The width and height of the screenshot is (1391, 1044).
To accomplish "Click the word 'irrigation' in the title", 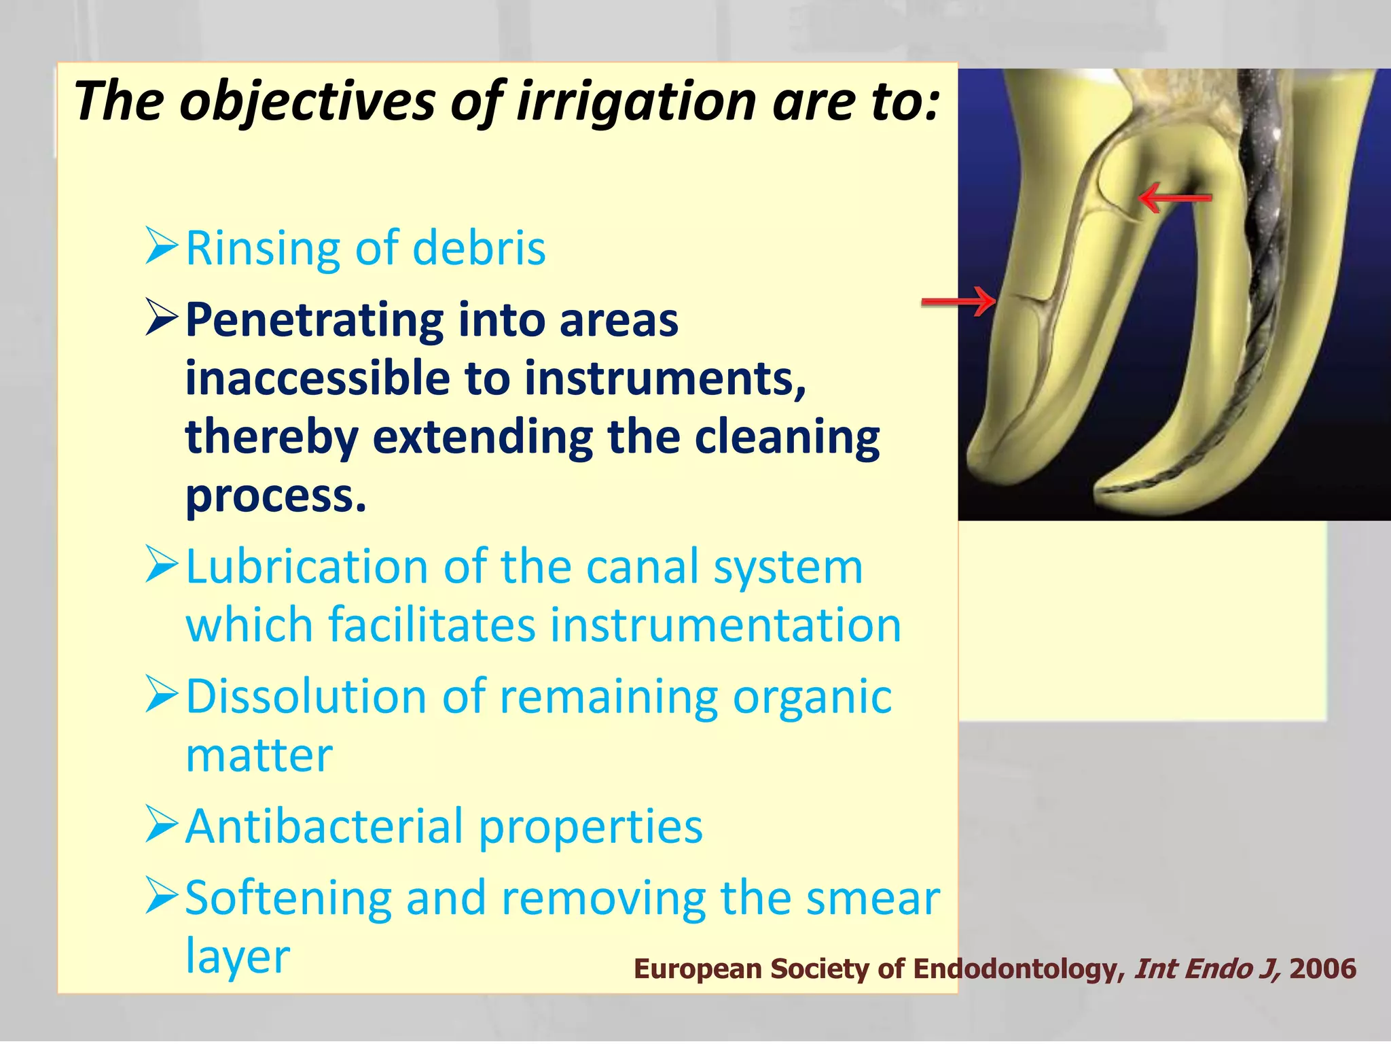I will click(636, 102).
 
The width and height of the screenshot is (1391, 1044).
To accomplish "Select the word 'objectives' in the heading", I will click(306, 102).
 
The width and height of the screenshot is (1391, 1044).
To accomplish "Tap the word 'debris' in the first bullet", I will click(479, 248).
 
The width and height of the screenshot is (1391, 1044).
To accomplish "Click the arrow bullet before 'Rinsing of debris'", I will click(162, 246).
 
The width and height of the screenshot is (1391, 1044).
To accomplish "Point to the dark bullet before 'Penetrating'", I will click(162, 319).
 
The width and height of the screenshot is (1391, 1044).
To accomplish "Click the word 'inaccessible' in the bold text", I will click(317, 378).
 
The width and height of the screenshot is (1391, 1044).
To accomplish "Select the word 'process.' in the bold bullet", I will click(276, 496).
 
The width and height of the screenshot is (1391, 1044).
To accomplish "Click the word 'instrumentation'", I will click(725, 625).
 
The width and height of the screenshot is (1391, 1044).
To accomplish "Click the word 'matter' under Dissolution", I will click(259, 756).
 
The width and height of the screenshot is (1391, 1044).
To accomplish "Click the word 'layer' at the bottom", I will click(238, 957).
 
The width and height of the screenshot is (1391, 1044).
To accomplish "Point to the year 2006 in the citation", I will click(1322, 969).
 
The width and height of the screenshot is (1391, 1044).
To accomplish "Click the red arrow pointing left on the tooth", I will click(1174, 198).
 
